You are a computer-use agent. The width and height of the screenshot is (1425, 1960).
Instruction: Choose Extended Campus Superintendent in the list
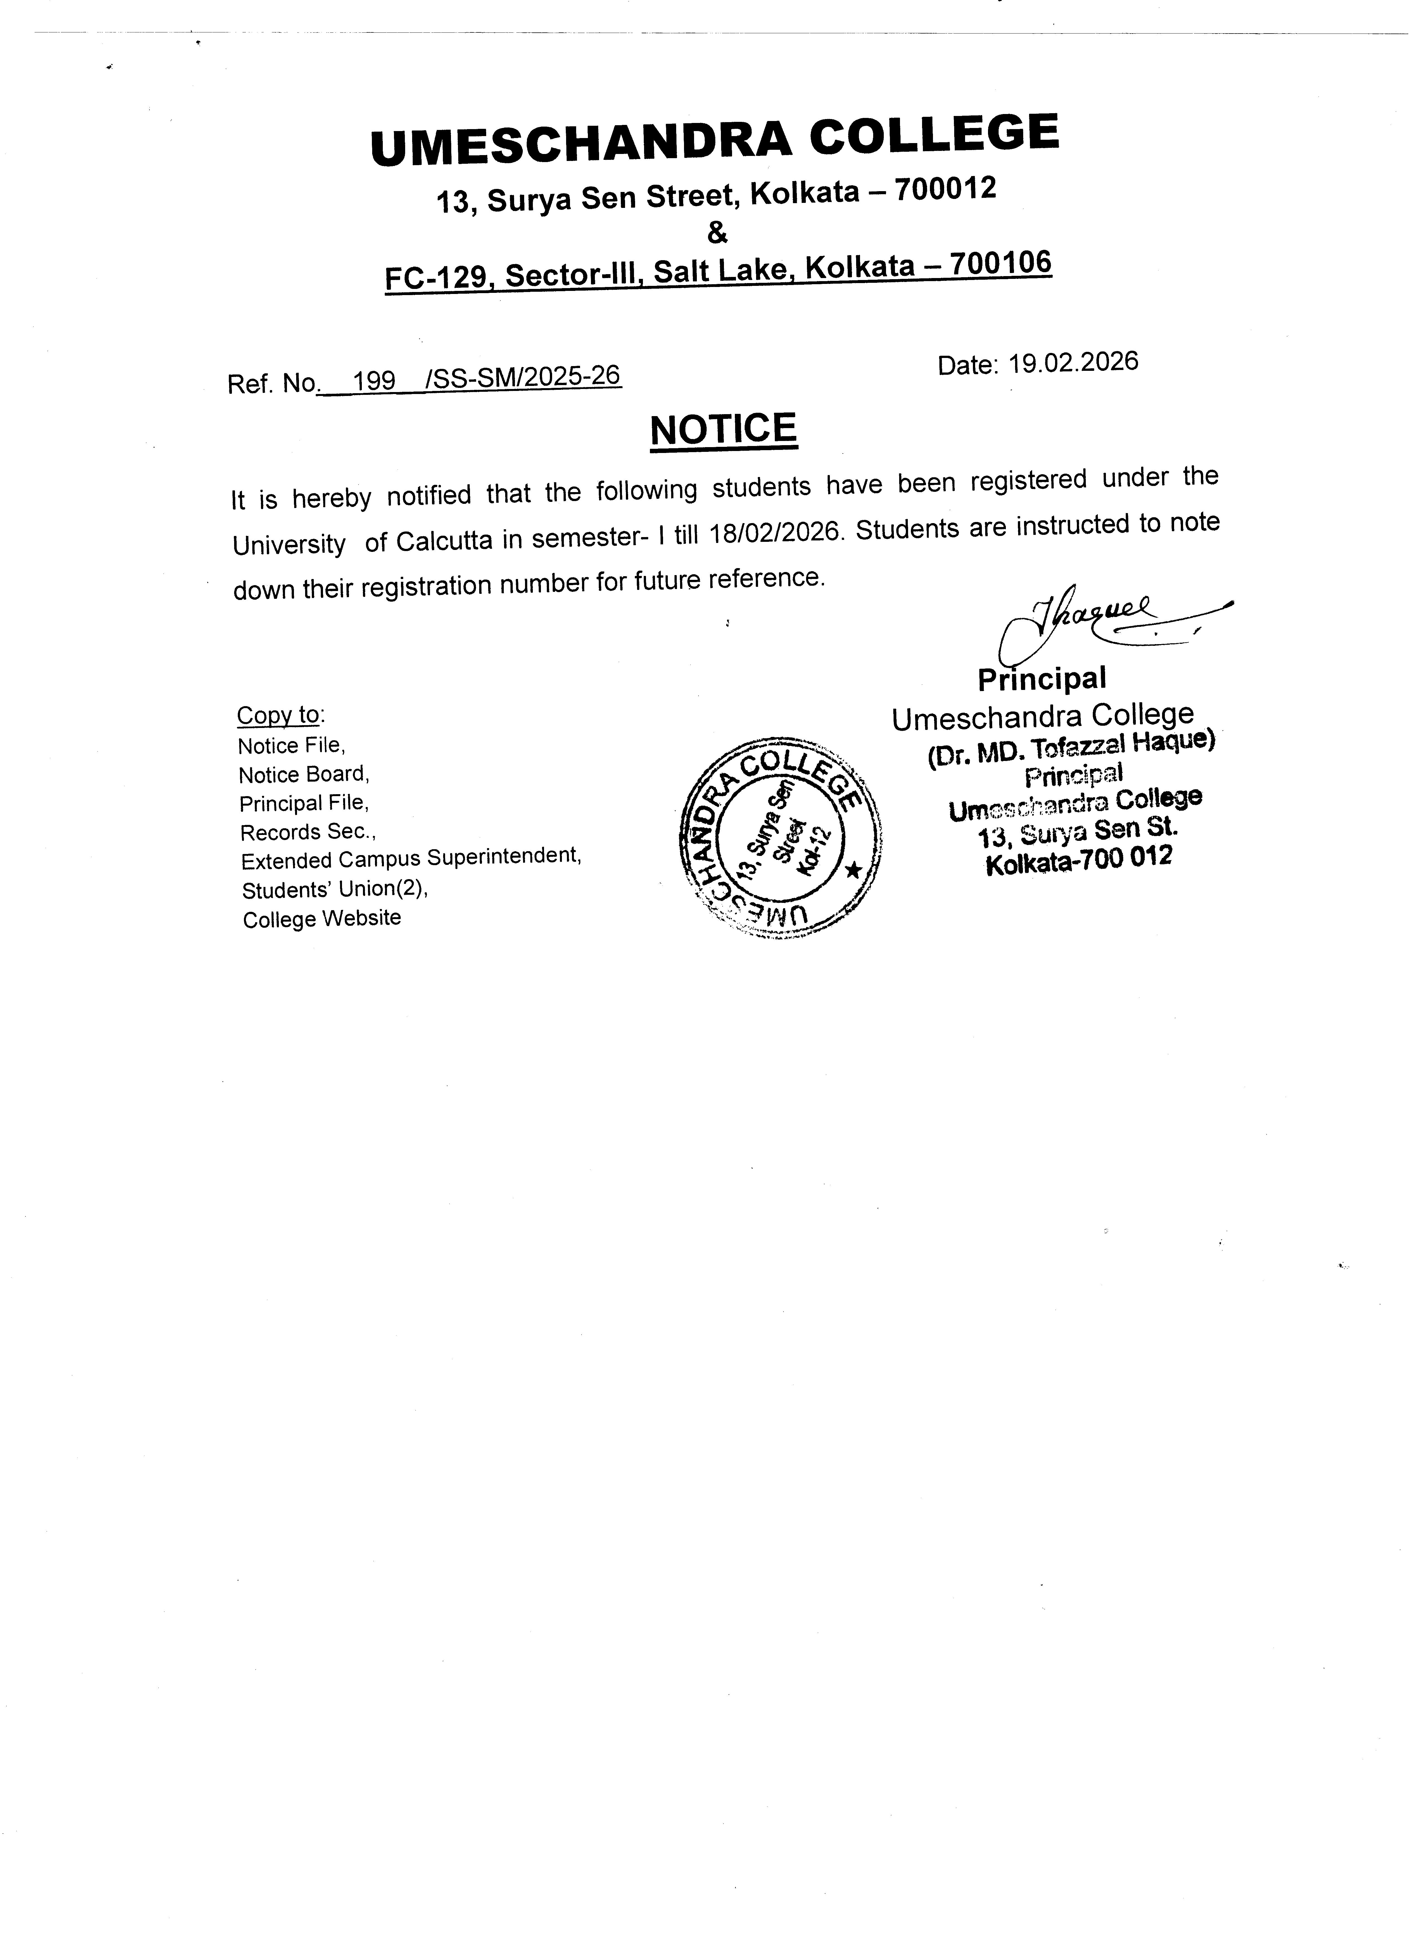(x=410, y=859)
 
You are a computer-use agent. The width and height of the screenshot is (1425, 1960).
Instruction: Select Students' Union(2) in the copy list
(x=334, y=889)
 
